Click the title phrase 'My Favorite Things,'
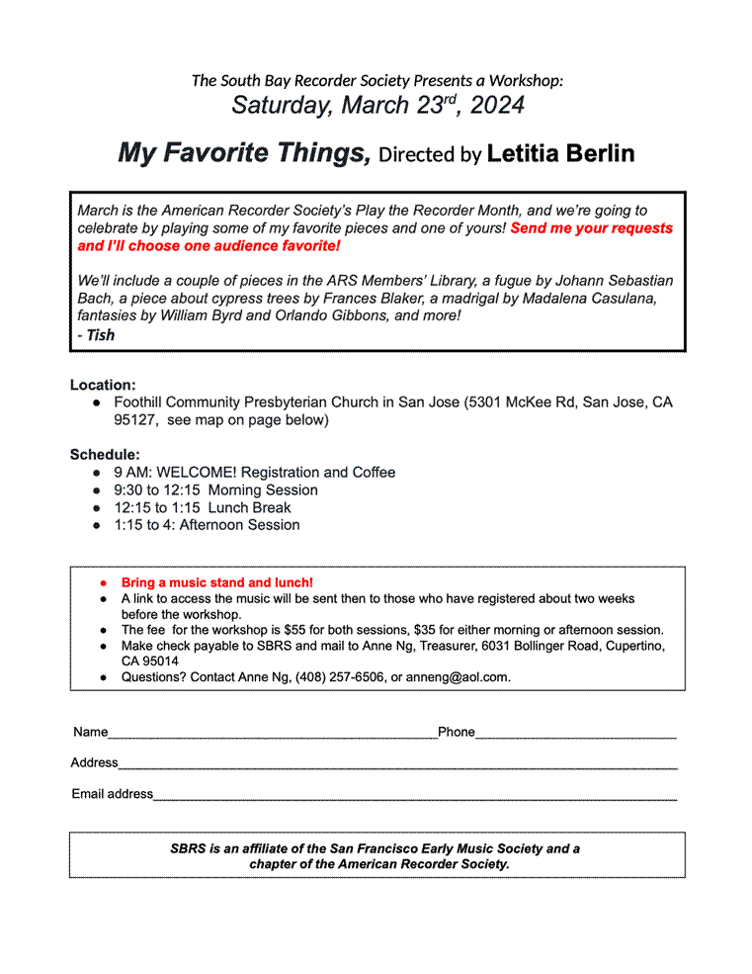[244, 153]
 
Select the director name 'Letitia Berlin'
[560, 154]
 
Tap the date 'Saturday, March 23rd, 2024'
[377, 105]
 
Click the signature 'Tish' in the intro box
[101, 335]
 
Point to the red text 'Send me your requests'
[592, 228]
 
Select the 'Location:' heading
[103, 385]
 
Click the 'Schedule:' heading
[105, 455]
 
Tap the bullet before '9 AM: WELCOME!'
[97, 473]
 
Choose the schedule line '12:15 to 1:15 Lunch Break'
[202, 507]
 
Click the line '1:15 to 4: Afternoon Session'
[207, 525]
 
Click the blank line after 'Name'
[272, 734]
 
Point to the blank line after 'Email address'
[415, 795]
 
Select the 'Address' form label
[94, 763]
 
